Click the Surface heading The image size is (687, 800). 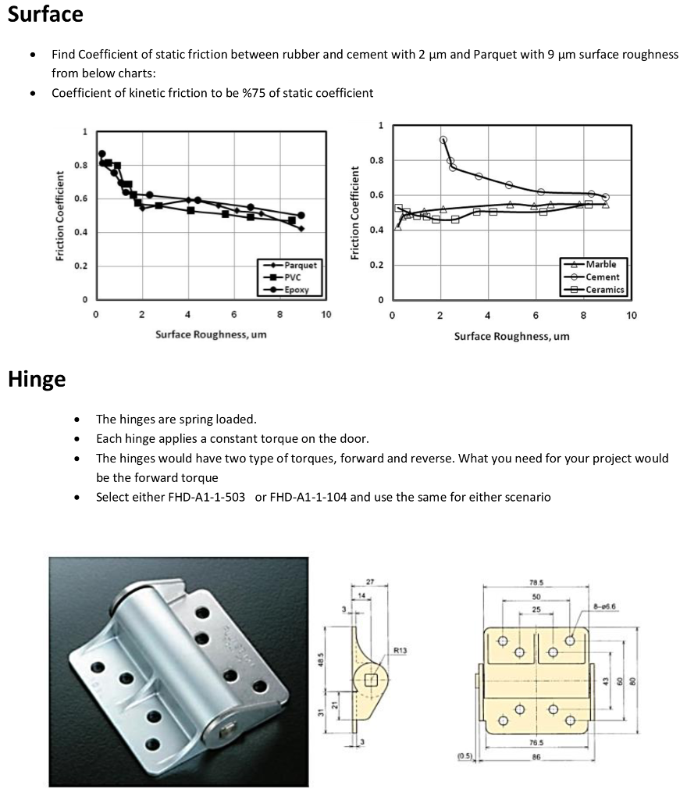(45, 14)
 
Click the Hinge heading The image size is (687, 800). (37, 380)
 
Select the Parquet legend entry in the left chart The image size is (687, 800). (300, 266)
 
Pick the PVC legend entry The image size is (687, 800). (293, 277)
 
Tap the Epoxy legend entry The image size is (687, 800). (296, 289)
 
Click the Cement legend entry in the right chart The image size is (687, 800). (602, 277)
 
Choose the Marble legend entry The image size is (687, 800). (600, 264)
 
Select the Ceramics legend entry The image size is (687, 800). (604, 289)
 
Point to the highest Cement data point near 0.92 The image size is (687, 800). (443, 140)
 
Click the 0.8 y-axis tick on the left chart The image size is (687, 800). (81, 165)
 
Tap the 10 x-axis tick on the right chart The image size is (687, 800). (632, 316)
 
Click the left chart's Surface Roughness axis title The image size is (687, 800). (211, 334)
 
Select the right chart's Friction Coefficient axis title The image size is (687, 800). (355, 212)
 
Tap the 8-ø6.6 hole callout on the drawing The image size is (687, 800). (605, 606)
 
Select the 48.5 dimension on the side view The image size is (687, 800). (321, 661)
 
